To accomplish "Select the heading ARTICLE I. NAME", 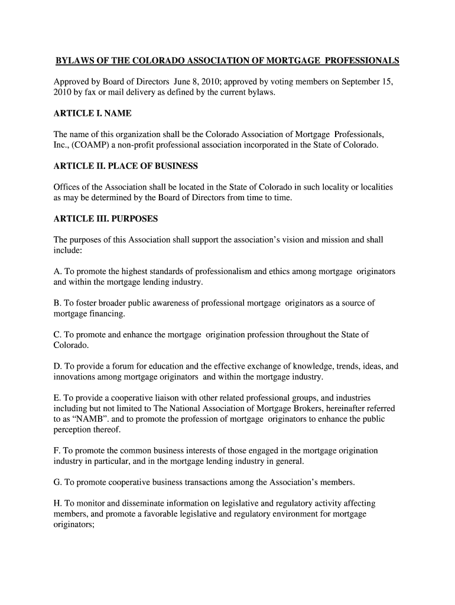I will (x=92, y=113).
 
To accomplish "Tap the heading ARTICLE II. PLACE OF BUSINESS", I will (x=125, y=166).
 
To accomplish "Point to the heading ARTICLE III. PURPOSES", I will (x=106, y=219).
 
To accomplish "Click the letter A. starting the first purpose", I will (x=58, y=271).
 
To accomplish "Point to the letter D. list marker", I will (x=58, y=366).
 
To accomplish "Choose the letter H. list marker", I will (x=58, y=503).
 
